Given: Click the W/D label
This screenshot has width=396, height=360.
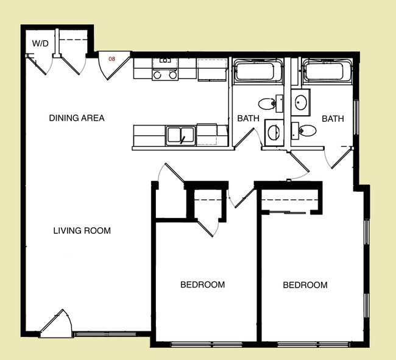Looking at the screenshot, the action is click(40, 43).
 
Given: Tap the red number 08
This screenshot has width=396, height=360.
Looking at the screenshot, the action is click(112, 59).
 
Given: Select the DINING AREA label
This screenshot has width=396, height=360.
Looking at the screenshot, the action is click(77, 118).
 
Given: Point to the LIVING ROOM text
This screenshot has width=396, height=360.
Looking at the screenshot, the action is click(82, 230).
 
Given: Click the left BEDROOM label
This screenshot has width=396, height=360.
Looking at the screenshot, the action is click(202, 284).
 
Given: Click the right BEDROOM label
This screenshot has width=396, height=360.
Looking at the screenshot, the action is click(305, 285).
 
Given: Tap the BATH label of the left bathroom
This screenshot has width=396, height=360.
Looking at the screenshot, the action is click(248, 118).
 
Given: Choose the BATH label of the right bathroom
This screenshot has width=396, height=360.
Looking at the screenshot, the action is click(333, 119).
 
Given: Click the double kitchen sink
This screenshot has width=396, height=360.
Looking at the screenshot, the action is click(180, 136).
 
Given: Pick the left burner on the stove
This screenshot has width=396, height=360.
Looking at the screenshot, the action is click(157, 75).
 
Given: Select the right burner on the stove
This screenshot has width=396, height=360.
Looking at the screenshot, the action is click(173, 75).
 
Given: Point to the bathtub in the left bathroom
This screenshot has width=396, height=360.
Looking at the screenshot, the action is click(258, 71).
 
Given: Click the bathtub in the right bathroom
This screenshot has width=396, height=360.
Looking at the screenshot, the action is click(327, 71).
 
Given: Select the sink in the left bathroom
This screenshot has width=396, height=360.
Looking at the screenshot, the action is click(274, 133).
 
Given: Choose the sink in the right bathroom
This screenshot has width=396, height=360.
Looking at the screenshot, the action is click(300, 102).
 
